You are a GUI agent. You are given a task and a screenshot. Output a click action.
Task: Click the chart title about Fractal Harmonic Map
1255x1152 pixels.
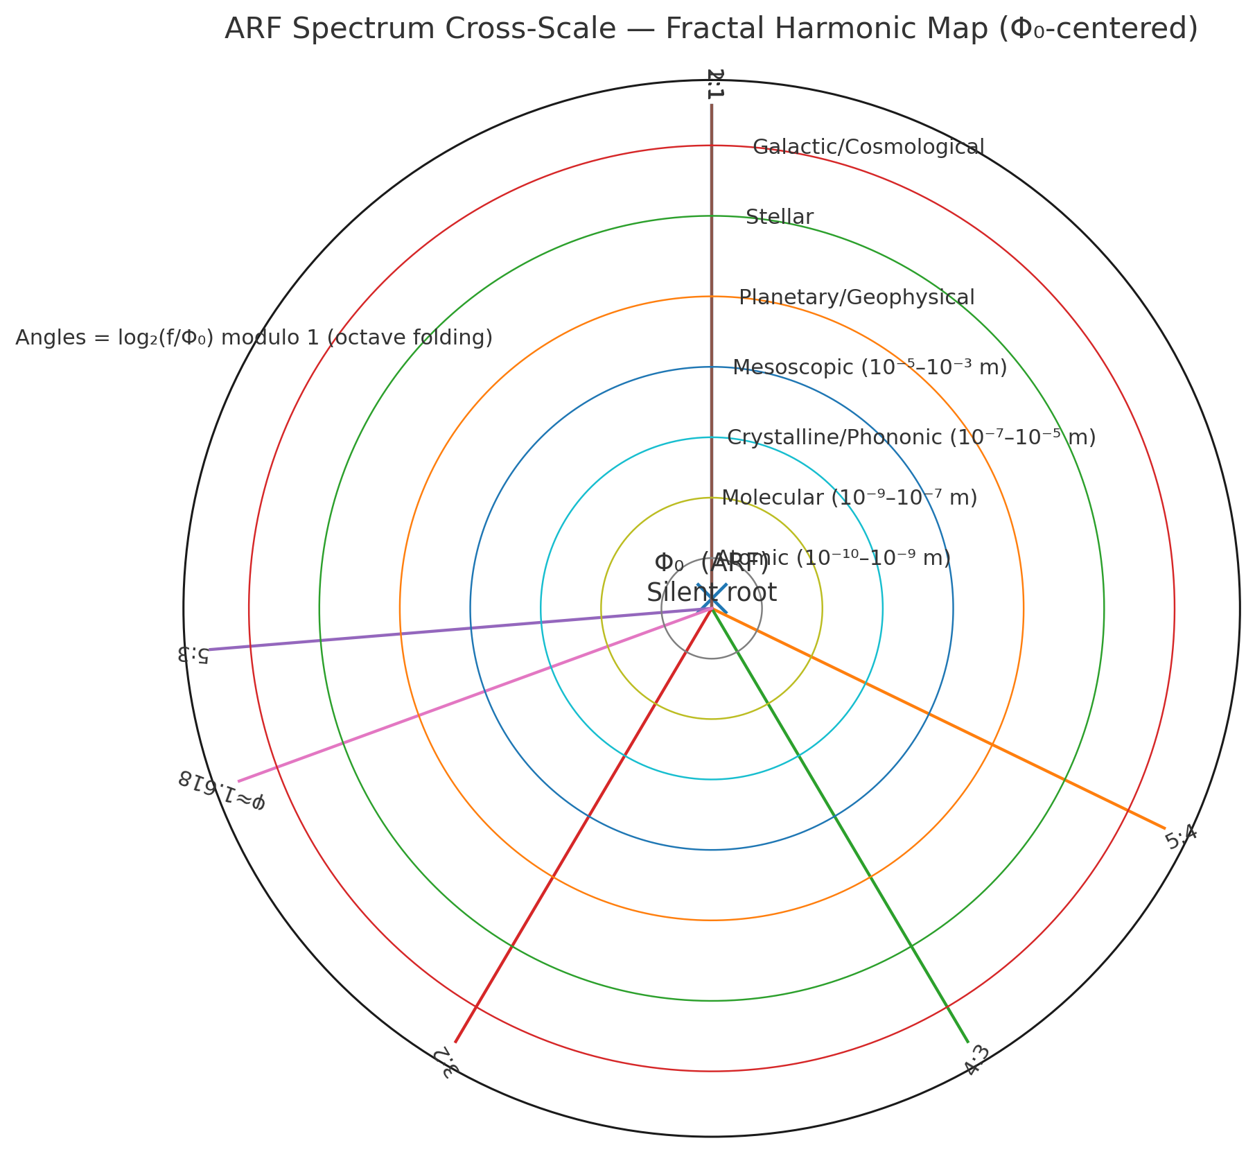[711, 30]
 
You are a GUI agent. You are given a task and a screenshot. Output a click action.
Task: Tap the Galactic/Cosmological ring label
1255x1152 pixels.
[868, 147]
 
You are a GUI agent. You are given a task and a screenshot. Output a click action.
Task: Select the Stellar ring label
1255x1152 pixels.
[780, 217]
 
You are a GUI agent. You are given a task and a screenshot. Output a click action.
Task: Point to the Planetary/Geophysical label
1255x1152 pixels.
[857, 297]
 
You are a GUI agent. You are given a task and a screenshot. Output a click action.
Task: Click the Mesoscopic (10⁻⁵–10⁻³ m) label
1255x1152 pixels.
[870, 367]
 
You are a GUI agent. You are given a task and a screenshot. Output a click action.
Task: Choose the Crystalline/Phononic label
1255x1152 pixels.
[911, 437]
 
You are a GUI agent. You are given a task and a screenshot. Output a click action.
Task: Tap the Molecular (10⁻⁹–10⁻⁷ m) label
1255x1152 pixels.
[849, 498]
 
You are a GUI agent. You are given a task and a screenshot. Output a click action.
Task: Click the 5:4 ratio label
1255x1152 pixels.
[1181, 839]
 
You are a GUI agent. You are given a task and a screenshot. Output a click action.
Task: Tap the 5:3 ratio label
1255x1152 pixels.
[193, 654]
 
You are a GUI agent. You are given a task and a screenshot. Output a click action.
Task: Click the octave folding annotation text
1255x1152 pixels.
[254, 338]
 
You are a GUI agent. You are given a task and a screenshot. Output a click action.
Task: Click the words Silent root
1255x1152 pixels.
[711, 593]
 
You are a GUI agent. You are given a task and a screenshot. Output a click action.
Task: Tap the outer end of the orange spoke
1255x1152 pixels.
[1165, 828]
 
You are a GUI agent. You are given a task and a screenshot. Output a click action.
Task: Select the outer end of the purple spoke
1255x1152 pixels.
[209, 649]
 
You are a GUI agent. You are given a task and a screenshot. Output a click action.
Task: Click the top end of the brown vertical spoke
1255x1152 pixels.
[711, 105]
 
